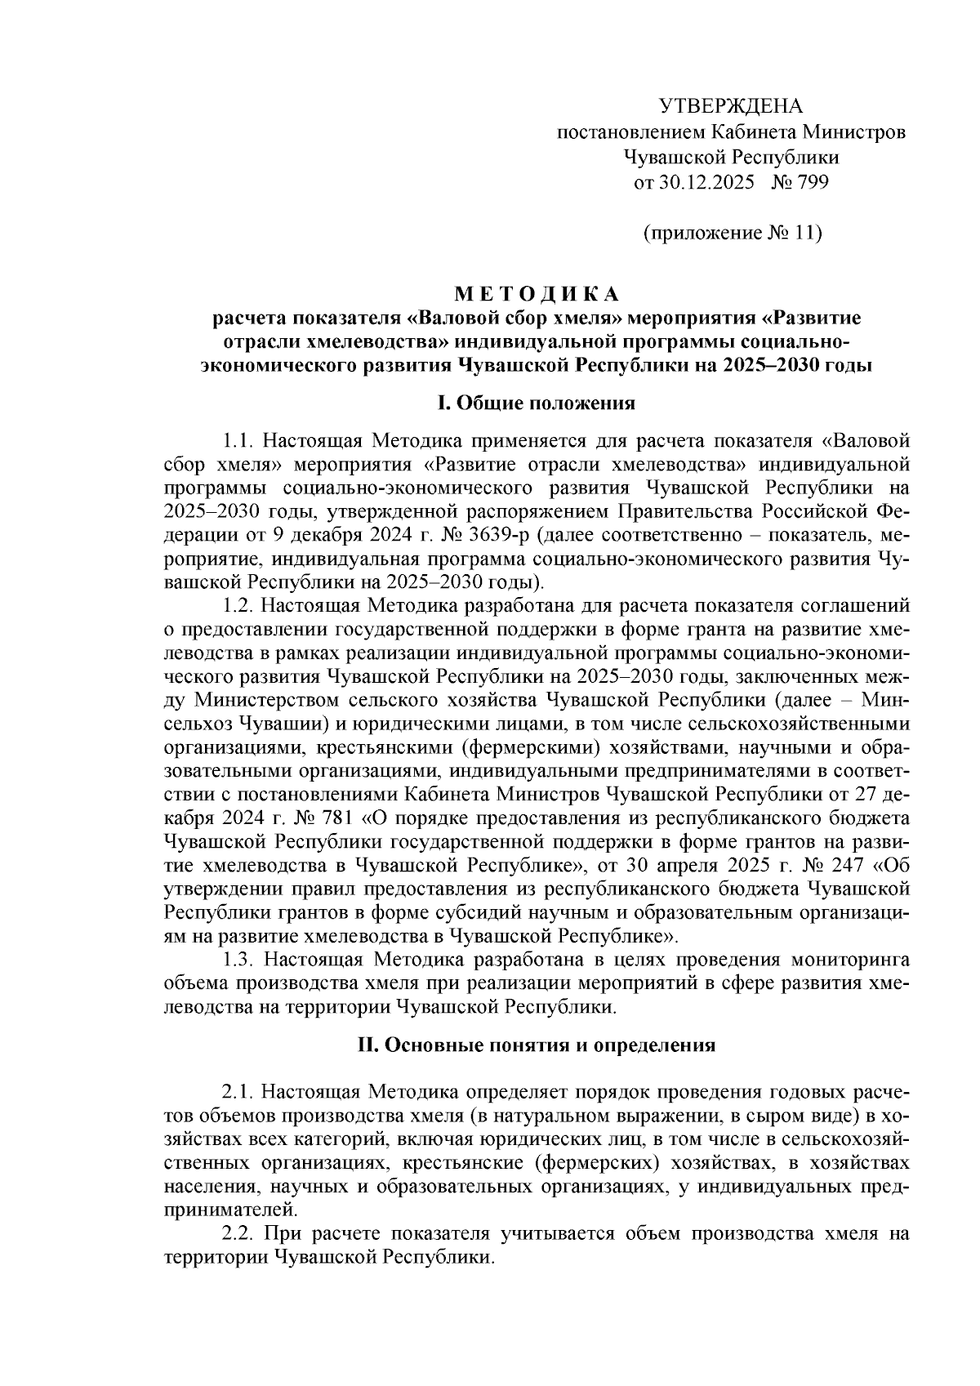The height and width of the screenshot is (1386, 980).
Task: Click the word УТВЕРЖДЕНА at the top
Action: click(731, 106)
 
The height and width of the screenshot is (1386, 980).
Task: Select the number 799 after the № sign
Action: click(813, 182)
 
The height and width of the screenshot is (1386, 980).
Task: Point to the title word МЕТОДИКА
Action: click(537, 293)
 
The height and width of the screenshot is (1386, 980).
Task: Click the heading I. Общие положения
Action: click(537, 403)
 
